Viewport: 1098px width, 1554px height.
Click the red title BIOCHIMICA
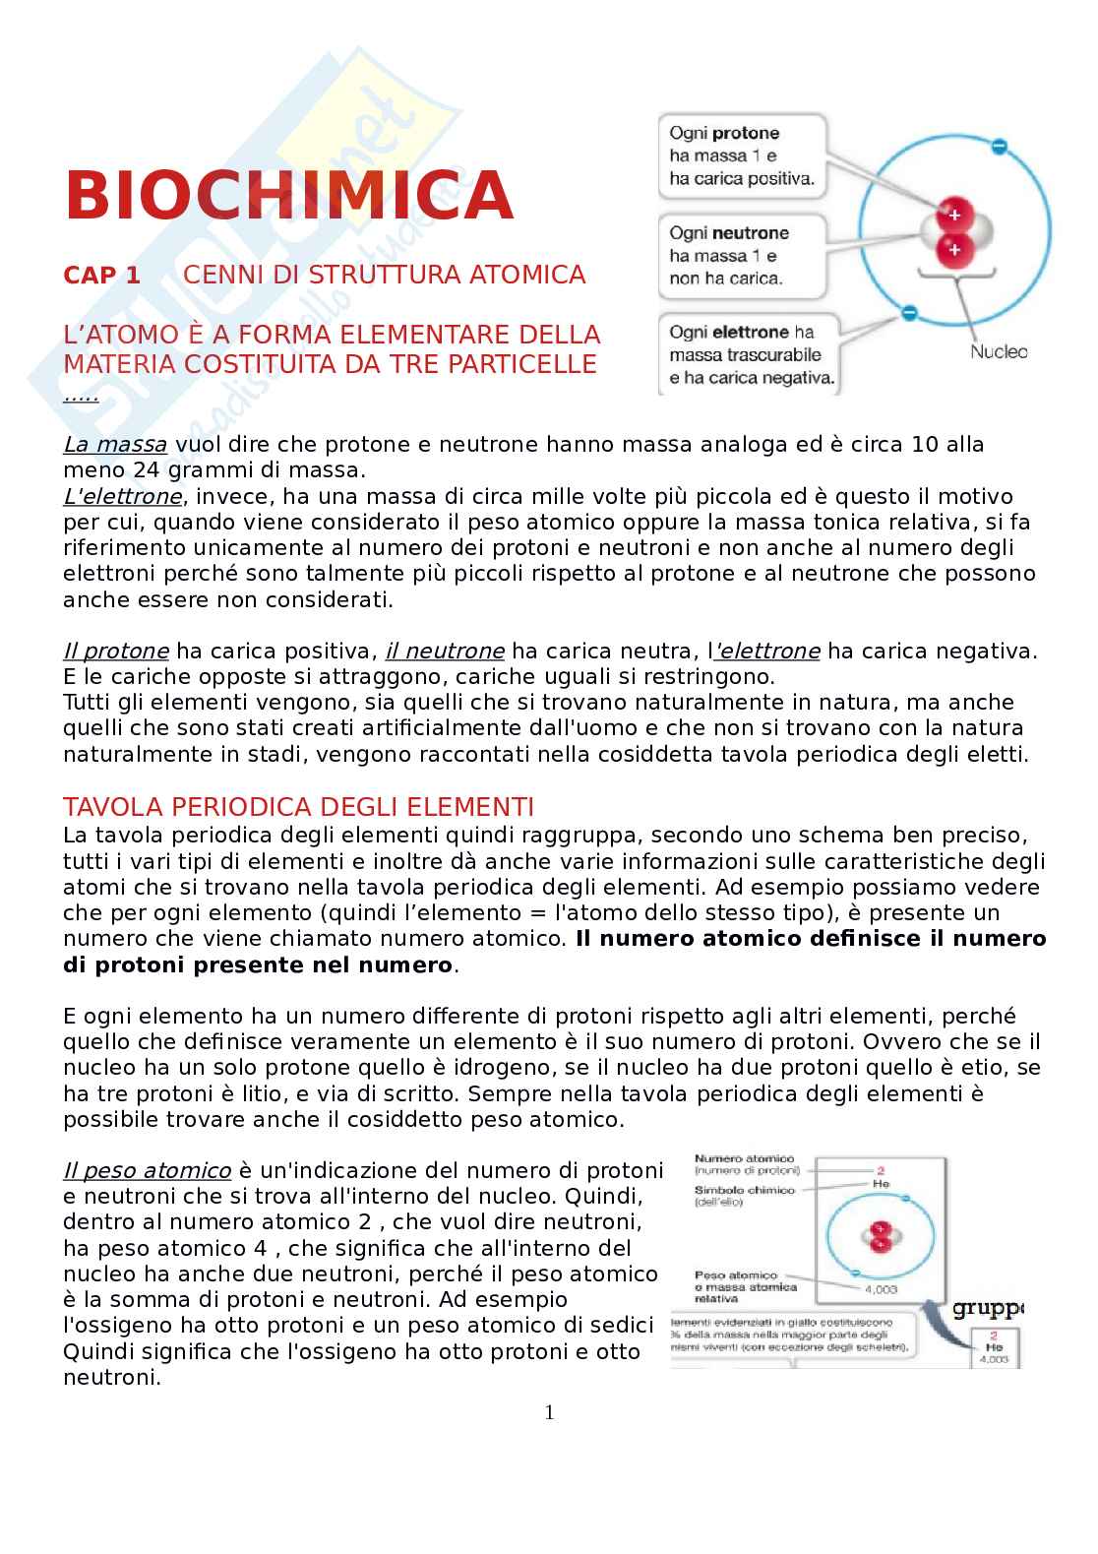coord(289,195)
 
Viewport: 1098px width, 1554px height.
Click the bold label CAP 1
coord(102,276)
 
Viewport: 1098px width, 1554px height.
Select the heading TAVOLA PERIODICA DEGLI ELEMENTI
coord(298,807)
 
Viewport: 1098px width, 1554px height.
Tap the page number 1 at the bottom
coord(549,1413)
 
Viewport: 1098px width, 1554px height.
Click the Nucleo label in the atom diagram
coord(998,352)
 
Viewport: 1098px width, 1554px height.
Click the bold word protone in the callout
coord(745,134)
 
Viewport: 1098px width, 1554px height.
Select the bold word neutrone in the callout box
coord(751,234)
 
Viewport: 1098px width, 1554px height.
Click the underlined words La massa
coord(115,445)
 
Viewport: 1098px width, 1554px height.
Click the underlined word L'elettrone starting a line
coord(122,496)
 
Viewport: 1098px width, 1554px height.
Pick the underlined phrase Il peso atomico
coord(147,1171)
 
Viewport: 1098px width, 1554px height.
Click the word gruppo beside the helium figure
coord(987,1308)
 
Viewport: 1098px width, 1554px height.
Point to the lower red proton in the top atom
coord(952,250)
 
